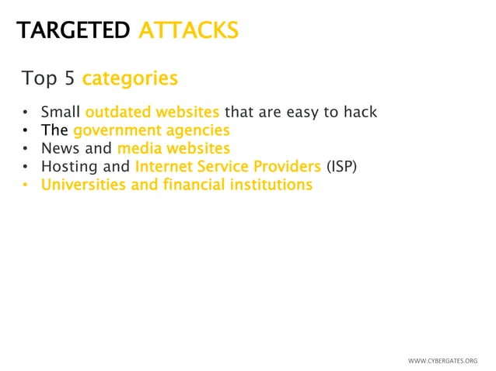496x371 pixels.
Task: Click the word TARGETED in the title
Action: coord(74,30)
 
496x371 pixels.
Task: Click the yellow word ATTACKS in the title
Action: coord(188,30)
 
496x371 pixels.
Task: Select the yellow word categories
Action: coord(130,79)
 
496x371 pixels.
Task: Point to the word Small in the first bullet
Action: coord(61,112)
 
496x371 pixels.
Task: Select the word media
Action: coord(138,148)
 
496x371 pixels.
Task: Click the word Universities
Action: coord(80,185)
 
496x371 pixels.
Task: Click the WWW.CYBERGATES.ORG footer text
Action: coord(442,361)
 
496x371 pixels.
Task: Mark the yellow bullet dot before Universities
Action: coord(26,185)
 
